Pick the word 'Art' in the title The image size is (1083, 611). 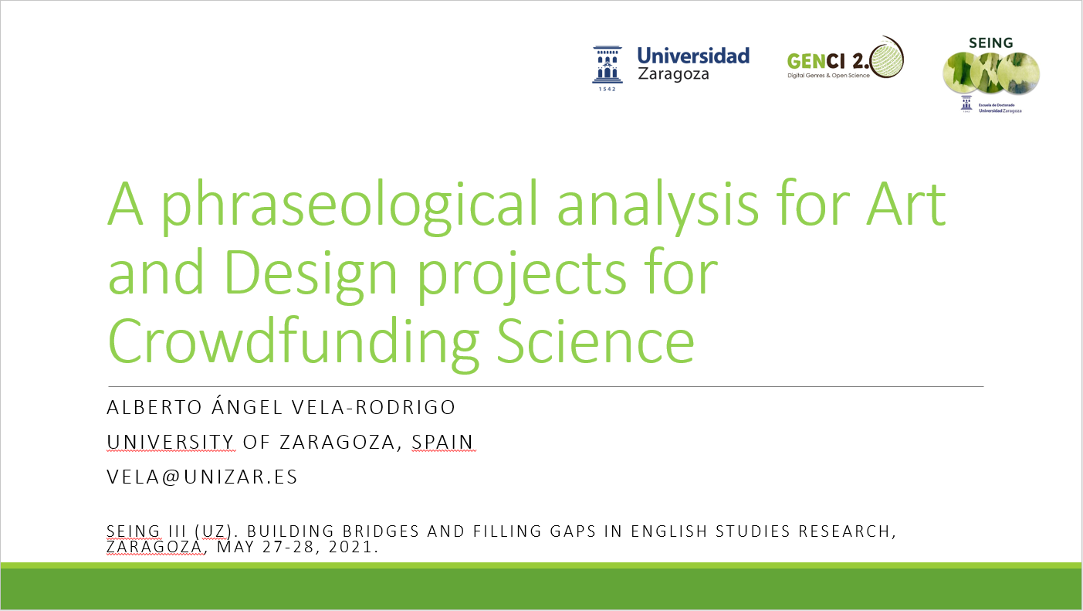pos(905,203)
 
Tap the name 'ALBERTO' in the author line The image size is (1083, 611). pos(154,407)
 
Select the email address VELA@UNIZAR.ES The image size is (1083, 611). pos(202,477)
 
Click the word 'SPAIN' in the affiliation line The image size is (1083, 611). pos(443,442)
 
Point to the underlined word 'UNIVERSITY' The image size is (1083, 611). pos(171,442)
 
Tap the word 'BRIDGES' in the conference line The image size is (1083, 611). pos(381,531)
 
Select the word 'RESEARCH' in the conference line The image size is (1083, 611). pos(844,531)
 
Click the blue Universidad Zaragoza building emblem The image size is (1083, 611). pos(607,65)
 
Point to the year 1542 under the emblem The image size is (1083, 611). pos(607,89)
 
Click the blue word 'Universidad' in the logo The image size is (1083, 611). pos(693,56)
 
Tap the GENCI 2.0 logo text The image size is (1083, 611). pos(827,62)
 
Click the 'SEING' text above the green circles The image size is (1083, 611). pos(990,43)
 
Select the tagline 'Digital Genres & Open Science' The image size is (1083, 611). pos(828,76)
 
